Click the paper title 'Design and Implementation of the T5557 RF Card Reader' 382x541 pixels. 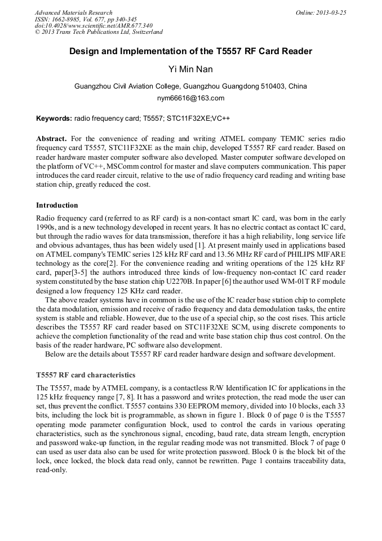tap(190, 51)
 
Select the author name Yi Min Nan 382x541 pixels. tap(190, 69)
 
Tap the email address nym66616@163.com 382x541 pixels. tap(190, 98)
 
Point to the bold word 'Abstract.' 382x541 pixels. tap(52, 139)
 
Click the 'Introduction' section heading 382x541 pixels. tap(57, 205)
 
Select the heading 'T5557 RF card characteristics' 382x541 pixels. tap(86, 375)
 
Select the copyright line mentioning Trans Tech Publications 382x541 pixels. tap(99, 32)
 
